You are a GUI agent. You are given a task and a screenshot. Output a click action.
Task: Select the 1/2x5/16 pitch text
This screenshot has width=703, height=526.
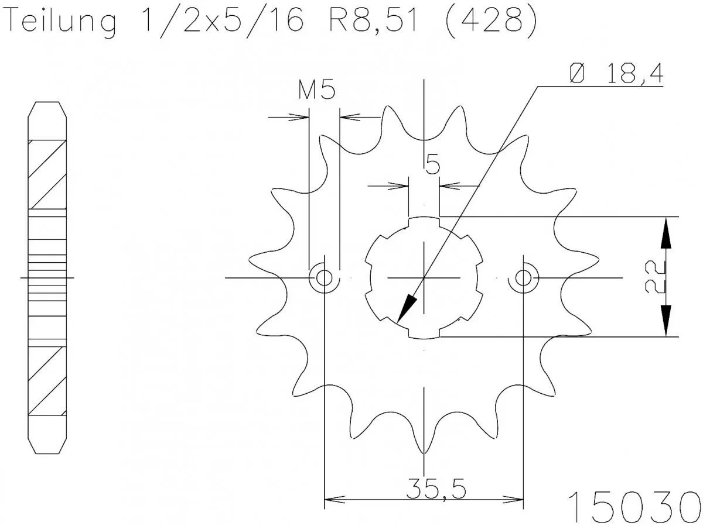click(223, 22)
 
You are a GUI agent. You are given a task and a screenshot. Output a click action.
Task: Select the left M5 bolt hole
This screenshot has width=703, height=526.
click(323, 277)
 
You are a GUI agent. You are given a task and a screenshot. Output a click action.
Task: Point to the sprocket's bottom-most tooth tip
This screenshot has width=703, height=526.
click(423, 453)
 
